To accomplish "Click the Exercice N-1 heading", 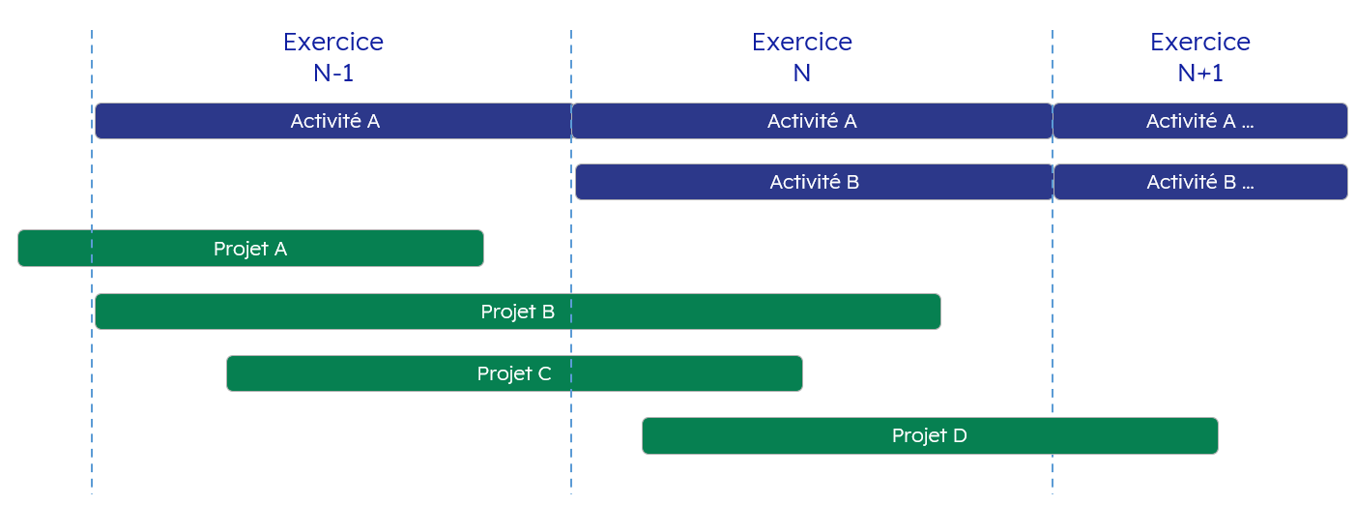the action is [332, 57].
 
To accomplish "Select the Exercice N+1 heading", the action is [1199, 57].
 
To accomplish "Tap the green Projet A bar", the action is [250, 248].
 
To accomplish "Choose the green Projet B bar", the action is [518, 312].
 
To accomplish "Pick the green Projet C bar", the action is [514, 373].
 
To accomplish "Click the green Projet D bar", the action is [930, 435].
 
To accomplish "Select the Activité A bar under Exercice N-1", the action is [332, 121].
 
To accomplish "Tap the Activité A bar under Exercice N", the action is [812, 121].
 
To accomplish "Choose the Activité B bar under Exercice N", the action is [814, 182].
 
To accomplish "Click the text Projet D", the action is [929, 435].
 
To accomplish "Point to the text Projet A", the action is [250, 249].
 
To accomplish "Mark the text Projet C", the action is [514, 373].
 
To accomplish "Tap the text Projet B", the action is [518, 312].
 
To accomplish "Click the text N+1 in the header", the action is [1199, 74].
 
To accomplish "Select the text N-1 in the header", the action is [332, 74].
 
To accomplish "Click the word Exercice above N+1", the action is [1199, 42].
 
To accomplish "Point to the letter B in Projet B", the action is [548, 312].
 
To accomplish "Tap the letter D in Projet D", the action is [960, 435].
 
